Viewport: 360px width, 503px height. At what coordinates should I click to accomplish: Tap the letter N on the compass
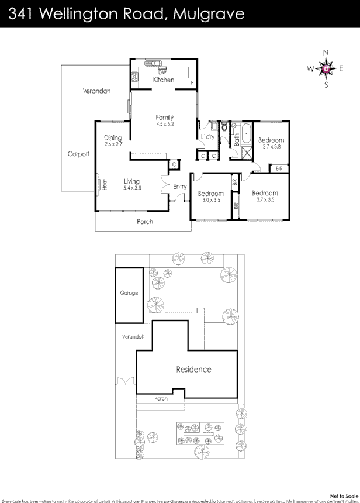pyautogui.click(x=326, y=53)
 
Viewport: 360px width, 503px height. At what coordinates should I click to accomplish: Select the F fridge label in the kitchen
pyautogui.click(x=193, y=83)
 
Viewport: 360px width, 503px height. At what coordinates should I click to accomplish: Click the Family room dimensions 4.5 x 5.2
pyautogui.click(x=165, y=124)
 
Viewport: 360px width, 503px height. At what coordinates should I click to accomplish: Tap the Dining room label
pyautogui.click(x=113, y=138)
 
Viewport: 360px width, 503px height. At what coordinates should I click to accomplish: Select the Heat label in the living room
pyautogui.click(x=105, y=184)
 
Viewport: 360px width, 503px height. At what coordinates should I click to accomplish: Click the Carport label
pyautogui.click(x=78, y=154)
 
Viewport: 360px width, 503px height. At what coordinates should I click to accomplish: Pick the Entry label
pyautogui.click(x=179, y=187)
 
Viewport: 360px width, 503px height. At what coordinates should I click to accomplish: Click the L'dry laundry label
pyautogui.click(x=207, y=137)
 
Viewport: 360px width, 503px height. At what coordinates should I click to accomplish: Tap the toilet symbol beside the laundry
pyautogui.click(x=224, y=126)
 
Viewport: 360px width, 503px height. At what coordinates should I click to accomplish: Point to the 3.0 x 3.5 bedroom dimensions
pyautogui.click(x=210, y=200)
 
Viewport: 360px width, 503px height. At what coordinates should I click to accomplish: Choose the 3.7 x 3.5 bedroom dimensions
pyautogui.click(x=264, y=199)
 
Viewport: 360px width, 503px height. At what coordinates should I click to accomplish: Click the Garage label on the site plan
pyautogui.click(x=129, y=293)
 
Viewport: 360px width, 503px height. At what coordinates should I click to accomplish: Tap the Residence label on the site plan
pyautogui.click(x=193, y=370)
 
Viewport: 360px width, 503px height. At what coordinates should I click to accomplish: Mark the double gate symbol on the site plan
pyautogui.click(x=126, y=381)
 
